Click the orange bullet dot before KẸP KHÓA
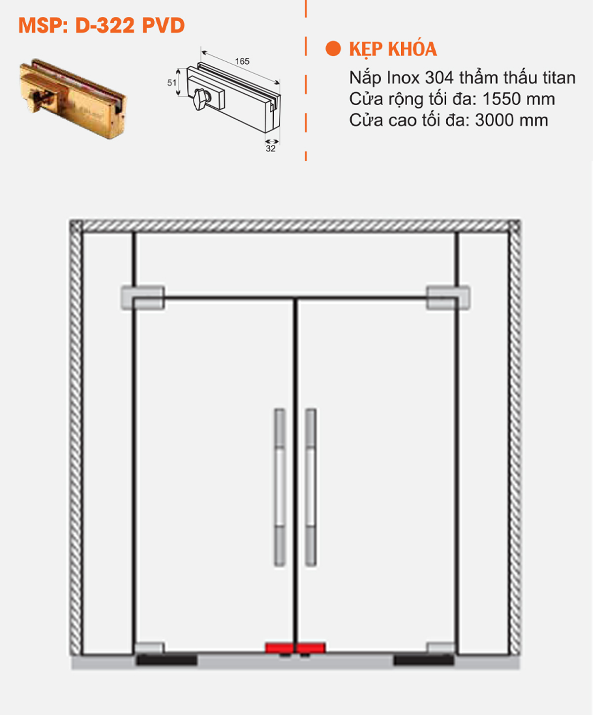(x=333, y=48)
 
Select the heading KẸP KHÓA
(x=393, y=49)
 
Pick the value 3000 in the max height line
(x=495, y=121)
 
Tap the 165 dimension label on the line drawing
(x=242, y=61)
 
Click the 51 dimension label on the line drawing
(x=171, y=83)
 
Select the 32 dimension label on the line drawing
(x=270, y=149)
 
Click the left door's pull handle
(x=280, y=487)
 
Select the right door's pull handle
(x=310, y=487)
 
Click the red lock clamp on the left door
(x=280, y=648)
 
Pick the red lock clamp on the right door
(x=310, y=648)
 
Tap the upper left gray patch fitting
(x=143, y=297)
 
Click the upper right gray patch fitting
(x=448, y=297)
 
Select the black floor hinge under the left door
(x=167, y=660)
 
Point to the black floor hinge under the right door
(x=424, y=660)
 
